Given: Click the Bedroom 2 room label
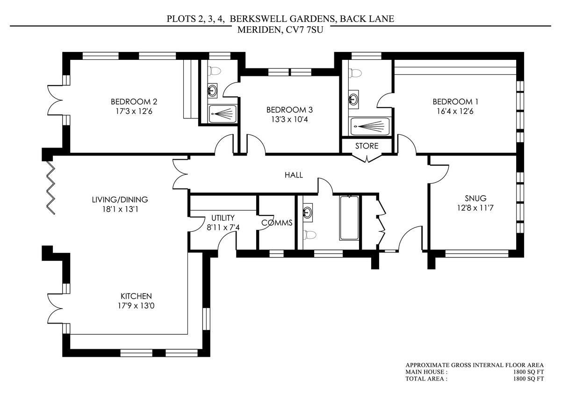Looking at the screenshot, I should tap(133, 102).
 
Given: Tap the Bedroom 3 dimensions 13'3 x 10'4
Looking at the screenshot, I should tap(289, 119).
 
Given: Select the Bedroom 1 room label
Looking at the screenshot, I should tap(455, 102).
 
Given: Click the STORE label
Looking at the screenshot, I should tap(367, 146).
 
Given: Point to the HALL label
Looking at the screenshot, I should tap(294, 175).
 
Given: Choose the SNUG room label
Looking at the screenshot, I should tap(475, 198).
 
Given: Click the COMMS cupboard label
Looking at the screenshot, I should tap(277, 223).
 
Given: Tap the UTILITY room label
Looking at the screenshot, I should tap(223, 218).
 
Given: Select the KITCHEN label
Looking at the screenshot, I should tap(136, 296).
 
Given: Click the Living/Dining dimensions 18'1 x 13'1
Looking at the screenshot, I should tap(120, 209).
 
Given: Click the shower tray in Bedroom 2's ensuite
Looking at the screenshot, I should tap(223, 113).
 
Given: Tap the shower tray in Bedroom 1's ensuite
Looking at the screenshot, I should tap(370, 126).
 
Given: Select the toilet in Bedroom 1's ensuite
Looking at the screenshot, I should tap(355, 73).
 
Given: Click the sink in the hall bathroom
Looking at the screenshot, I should tap(308, 212).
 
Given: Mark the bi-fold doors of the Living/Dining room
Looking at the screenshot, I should tap(51, 186).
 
